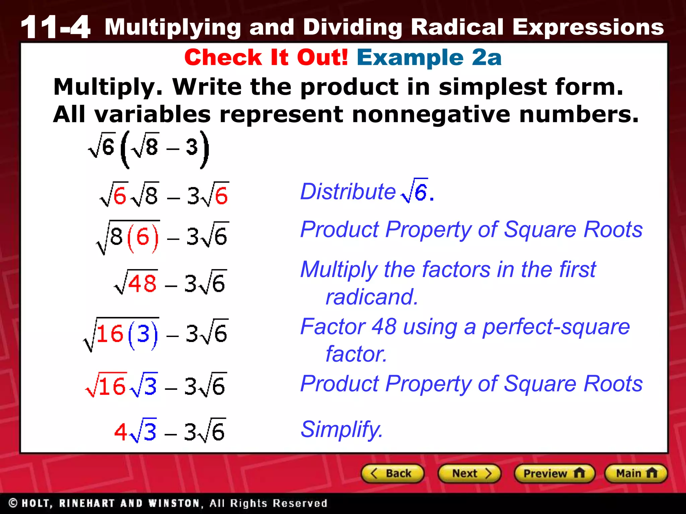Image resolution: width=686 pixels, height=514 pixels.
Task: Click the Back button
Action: click(392, 474)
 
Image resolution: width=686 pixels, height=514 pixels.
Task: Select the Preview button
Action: click(554, 474)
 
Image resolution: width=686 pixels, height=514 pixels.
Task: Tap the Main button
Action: click(636, 474)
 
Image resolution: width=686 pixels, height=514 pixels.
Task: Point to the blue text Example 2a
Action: click(429, 57)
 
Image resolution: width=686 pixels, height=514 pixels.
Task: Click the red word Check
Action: click(223, 57)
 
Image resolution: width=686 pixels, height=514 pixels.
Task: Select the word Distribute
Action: click(348, 192)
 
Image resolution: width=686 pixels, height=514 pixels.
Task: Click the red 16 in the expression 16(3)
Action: click(110, 334)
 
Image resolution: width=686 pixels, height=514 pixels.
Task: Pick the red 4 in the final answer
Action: click(121, 432)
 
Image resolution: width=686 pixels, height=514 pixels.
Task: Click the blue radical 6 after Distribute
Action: click(415, 191)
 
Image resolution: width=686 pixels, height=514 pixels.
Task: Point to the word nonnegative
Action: click(431, 114)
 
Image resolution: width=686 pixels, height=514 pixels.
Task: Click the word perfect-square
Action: click(556, 327)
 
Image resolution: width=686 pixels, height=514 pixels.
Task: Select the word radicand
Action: click(372, 297)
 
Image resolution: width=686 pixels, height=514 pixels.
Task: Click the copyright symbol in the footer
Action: click(13, 503)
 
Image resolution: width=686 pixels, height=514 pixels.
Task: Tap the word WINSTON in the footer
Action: click(175, 503)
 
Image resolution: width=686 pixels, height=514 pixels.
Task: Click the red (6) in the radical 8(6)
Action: click(143, 237)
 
